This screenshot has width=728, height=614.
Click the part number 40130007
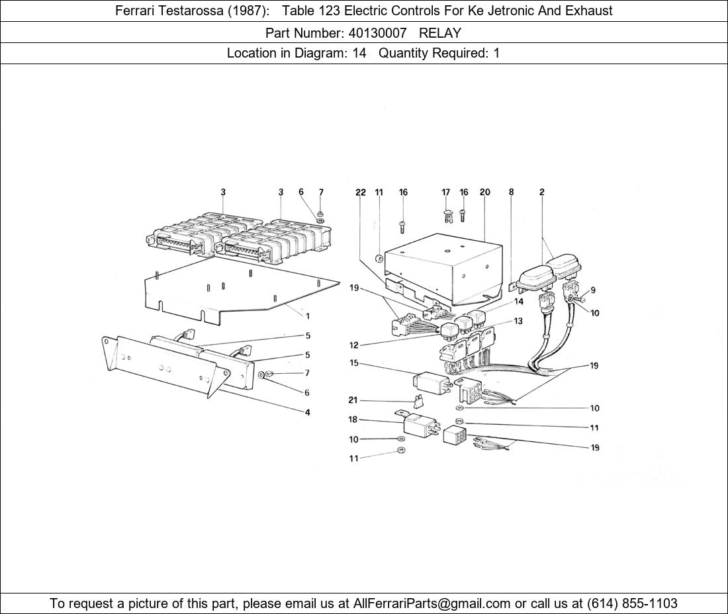[x=377, y=33]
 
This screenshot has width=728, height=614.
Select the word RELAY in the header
[x=439, y=33]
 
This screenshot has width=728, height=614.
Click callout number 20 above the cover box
[x=484, y=192]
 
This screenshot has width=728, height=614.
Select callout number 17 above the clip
[x=445, y=192]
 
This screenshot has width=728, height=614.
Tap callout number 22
[x=361, y=192]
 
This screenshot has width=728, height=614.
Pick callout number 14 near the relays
[x=519, y=301]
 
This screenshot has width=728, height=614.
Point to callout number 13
[x=518, y=321]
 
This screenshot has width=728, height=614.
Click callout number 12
[x=354, y=345]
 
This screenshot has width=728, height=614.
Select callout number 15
[x=354, y=363]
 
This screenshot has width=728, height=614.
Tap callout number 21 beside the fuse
[x=353, y=400]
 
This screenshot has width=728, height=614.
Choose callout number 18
[x=353, y=419]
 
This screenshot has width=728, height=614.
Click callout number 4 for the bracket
[x=307, y=412]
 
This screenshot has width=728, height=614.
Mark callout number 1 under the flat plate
[x=307, y=316]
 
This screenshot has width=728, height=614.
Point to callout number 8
[x=511, y=192]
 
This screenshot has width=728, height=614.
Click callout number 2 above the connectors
[x=542, y=192]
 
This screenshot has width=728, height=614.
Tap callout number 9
[x=593, y=290]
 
